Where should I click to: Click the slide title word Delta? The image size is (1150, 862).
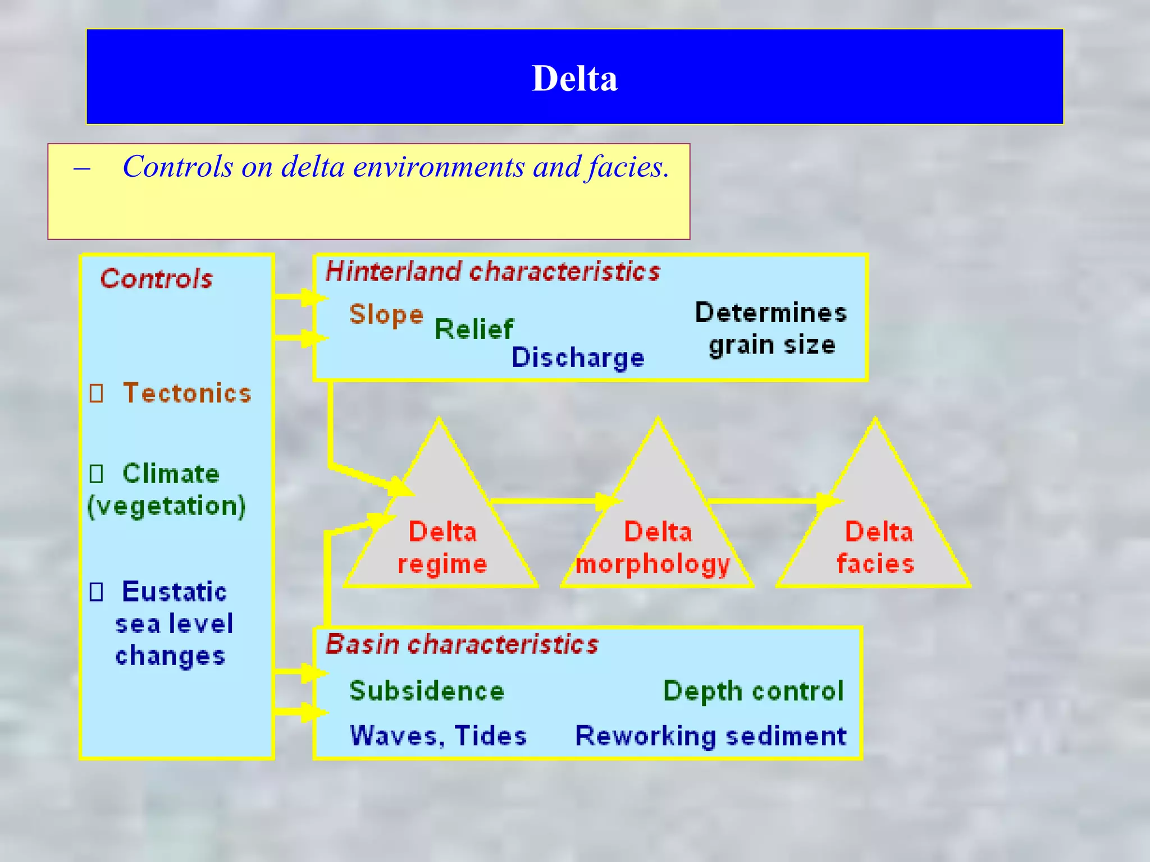tap(574, 78)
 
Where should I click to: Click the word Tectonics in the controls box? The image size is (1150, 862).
tap(187, 393)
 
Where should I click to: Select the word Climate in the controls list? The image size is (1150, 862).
tap(171, 474)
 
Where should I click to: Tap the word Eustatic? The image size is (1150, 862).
tap(174, 592)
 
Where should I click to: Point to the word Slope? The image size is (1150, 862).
tap(386, 315)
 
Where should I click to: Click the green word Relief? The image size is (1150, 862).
tap(473, 329)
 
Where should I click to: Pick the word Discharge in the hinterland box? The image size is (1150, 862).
tap(578, 357)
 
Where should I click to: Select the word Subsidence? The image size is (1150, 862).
tap(427, 691)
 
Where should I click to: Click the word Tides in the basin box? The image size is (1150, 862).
tap(490, 736)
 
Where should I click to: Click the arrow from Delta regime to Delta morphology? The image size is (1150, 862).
tap(553, 501)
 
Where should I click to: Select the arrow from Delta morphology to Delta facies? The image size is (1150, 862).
tap(772, 501)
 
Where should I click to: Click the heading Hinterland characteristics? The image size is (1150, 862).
tap(492, 272)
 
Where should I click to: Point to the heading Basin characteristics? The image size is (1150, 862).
tap(462, 644)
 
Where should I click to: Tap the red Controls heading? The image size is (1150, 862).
tap(157, 278)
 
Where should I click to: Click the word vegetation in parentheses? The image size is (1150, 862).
tap(167, 506)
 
